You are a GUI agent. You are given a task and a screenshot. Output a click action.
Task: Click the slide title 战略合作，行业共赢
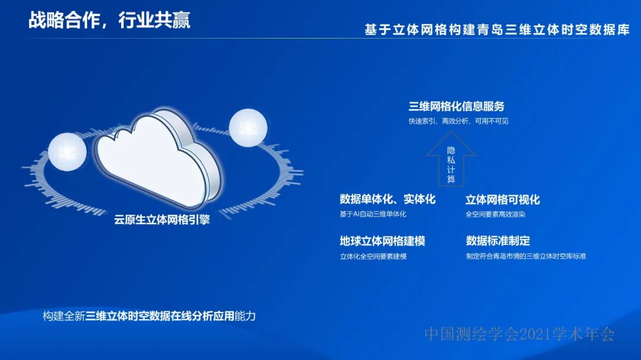point(109,21)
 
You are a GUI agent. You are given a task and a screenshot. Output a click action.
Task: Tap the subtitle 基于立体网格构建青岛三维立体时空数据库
point(497,30)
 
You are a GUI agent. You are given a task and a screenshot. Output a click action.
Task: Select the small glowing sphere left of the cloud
point(67,151)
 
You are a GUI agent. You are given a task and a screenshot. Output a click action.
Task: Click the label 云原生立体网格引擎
point(162,219)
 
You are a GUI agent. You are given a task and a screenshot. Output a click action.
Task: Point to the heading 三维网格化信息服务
point(456,107)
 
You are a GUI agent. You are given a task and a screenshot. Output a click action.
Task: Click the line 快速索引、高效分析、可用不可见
point(458,121)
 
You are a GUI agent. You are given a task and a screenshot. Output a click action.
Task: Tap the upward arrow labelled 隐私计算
point(451,162)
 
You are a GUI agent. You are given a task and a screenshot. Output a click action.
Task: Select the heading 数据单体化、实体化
point(388,199)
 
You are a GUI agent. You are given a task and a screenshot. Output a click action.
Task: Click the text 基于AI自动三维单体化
point(373,214)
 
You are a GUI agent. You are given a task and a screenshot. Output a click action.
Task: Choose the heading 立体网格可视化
point(503,199)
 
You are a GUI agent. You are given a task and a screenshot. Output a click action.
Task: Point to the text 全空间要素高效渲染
point(496,214)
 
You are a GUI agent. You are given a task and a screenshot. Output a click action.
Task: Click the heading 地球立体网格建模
point(382,241)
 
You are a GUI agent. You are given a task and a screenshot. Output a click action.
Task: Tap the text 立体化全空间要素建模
point(373,256)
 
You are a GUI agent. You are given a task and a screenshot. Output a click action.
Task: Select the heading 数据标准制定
point(498,241)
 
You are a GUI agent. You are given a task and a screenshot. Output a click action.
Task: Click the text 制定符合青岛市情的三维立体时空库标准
point(526,256)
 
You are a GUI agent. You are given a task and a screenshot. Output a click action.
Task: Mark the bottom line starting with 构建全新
point(149,316)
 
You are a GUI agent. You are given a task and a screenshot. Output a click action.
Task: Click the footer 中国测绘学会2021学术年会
point(519,334)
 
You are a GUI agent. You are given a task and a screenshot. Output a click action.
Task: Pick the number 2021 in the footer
point(535,334)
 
